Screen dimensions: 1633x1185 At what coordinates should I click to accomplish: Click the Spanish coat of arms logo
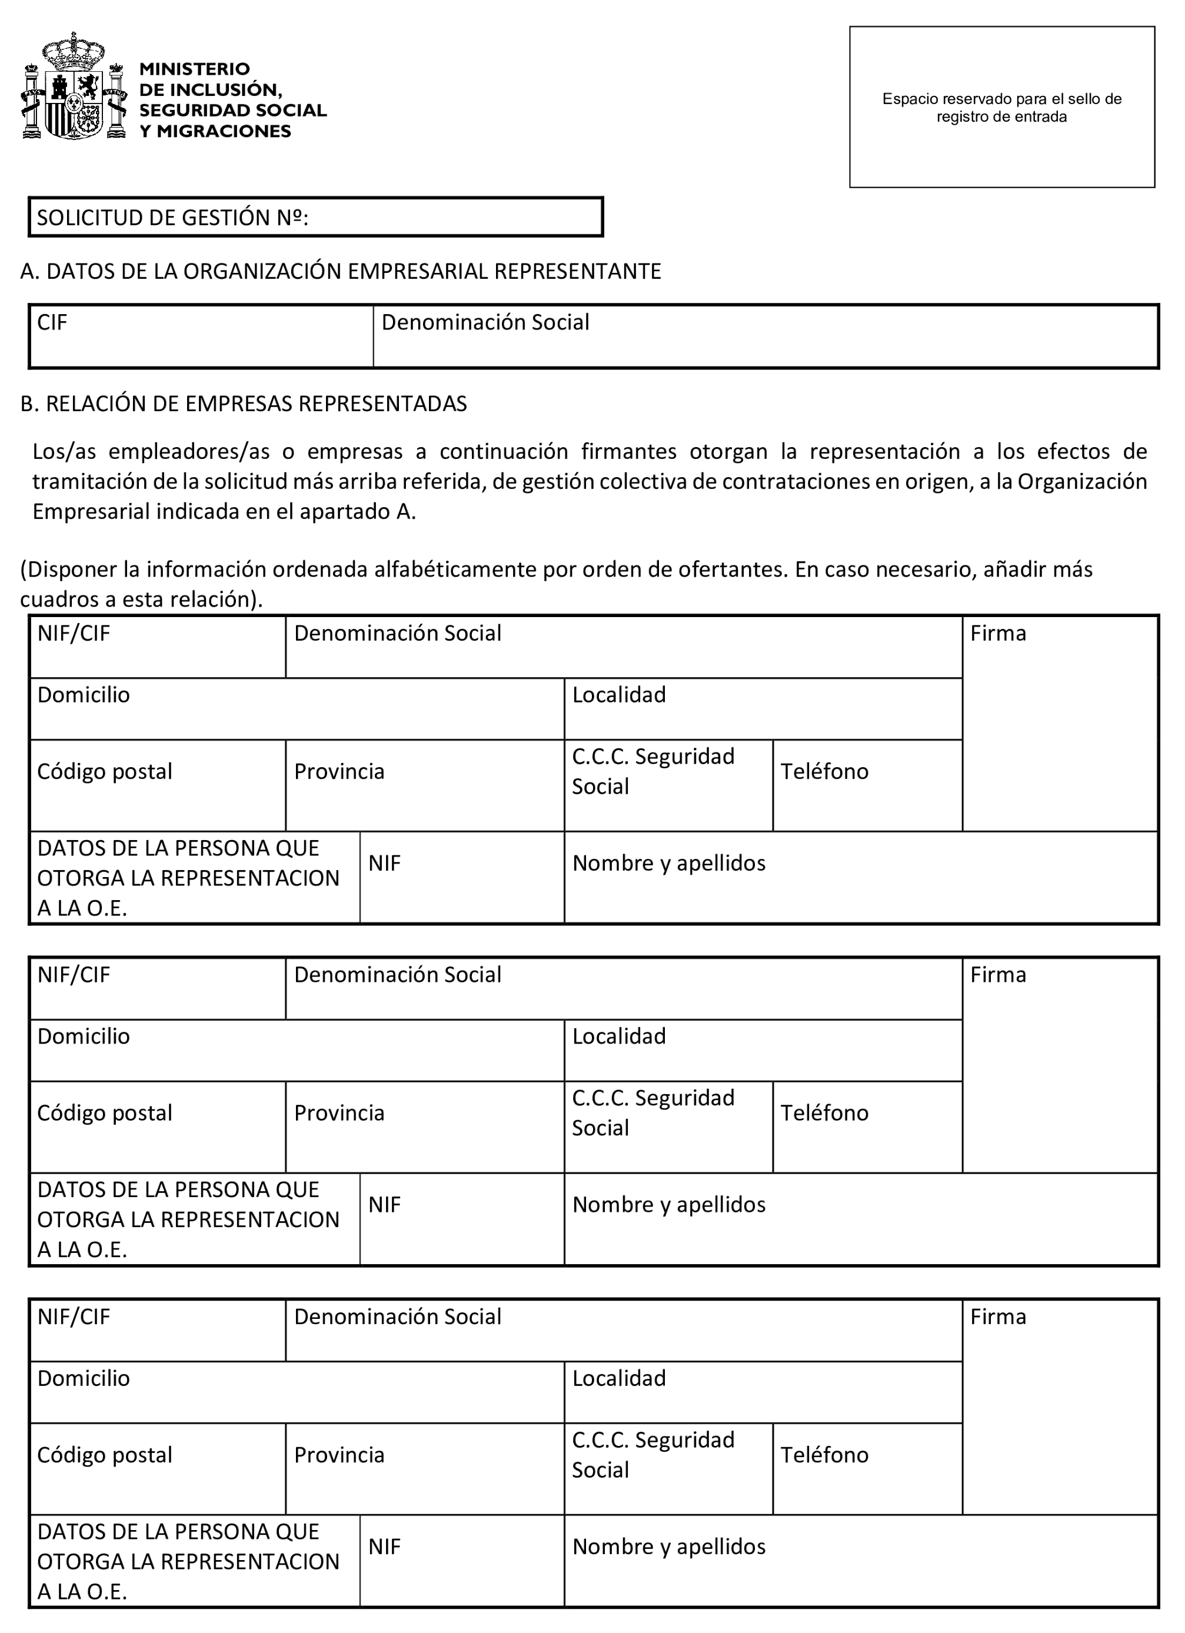74,86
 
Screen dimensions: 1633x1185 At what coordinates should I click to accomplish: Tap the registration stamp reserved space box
1001,107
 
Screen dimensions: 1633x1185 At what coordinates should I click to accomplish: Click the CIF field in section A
201,336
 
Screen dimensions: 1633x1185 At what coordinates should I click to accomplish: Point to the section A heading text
341,271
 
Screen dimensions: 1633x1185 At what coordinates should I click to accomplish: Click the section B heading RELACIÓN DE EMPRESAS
244,404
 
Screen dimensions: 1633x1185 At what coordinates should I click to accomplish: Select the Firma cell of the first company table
1060,723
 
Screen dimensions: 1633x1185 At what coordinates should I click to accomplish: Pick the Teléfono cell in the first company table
867,785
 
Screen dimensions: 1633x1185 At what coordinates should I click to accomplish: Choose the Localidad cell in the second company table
763,1050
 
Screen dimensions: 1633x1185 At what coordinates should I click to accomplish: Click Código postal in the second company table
157,1127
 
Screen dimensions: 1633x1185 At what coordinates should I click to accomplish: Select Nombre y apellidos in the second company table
861,1219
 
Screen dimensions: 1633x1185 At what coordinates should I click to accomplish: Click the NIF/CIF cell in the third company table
157,1330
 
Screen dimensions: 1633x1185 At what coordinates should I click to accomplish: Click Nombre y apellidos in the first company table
861,877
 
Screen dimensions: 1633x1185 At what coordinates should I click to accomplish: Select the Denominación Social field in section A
765,336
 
